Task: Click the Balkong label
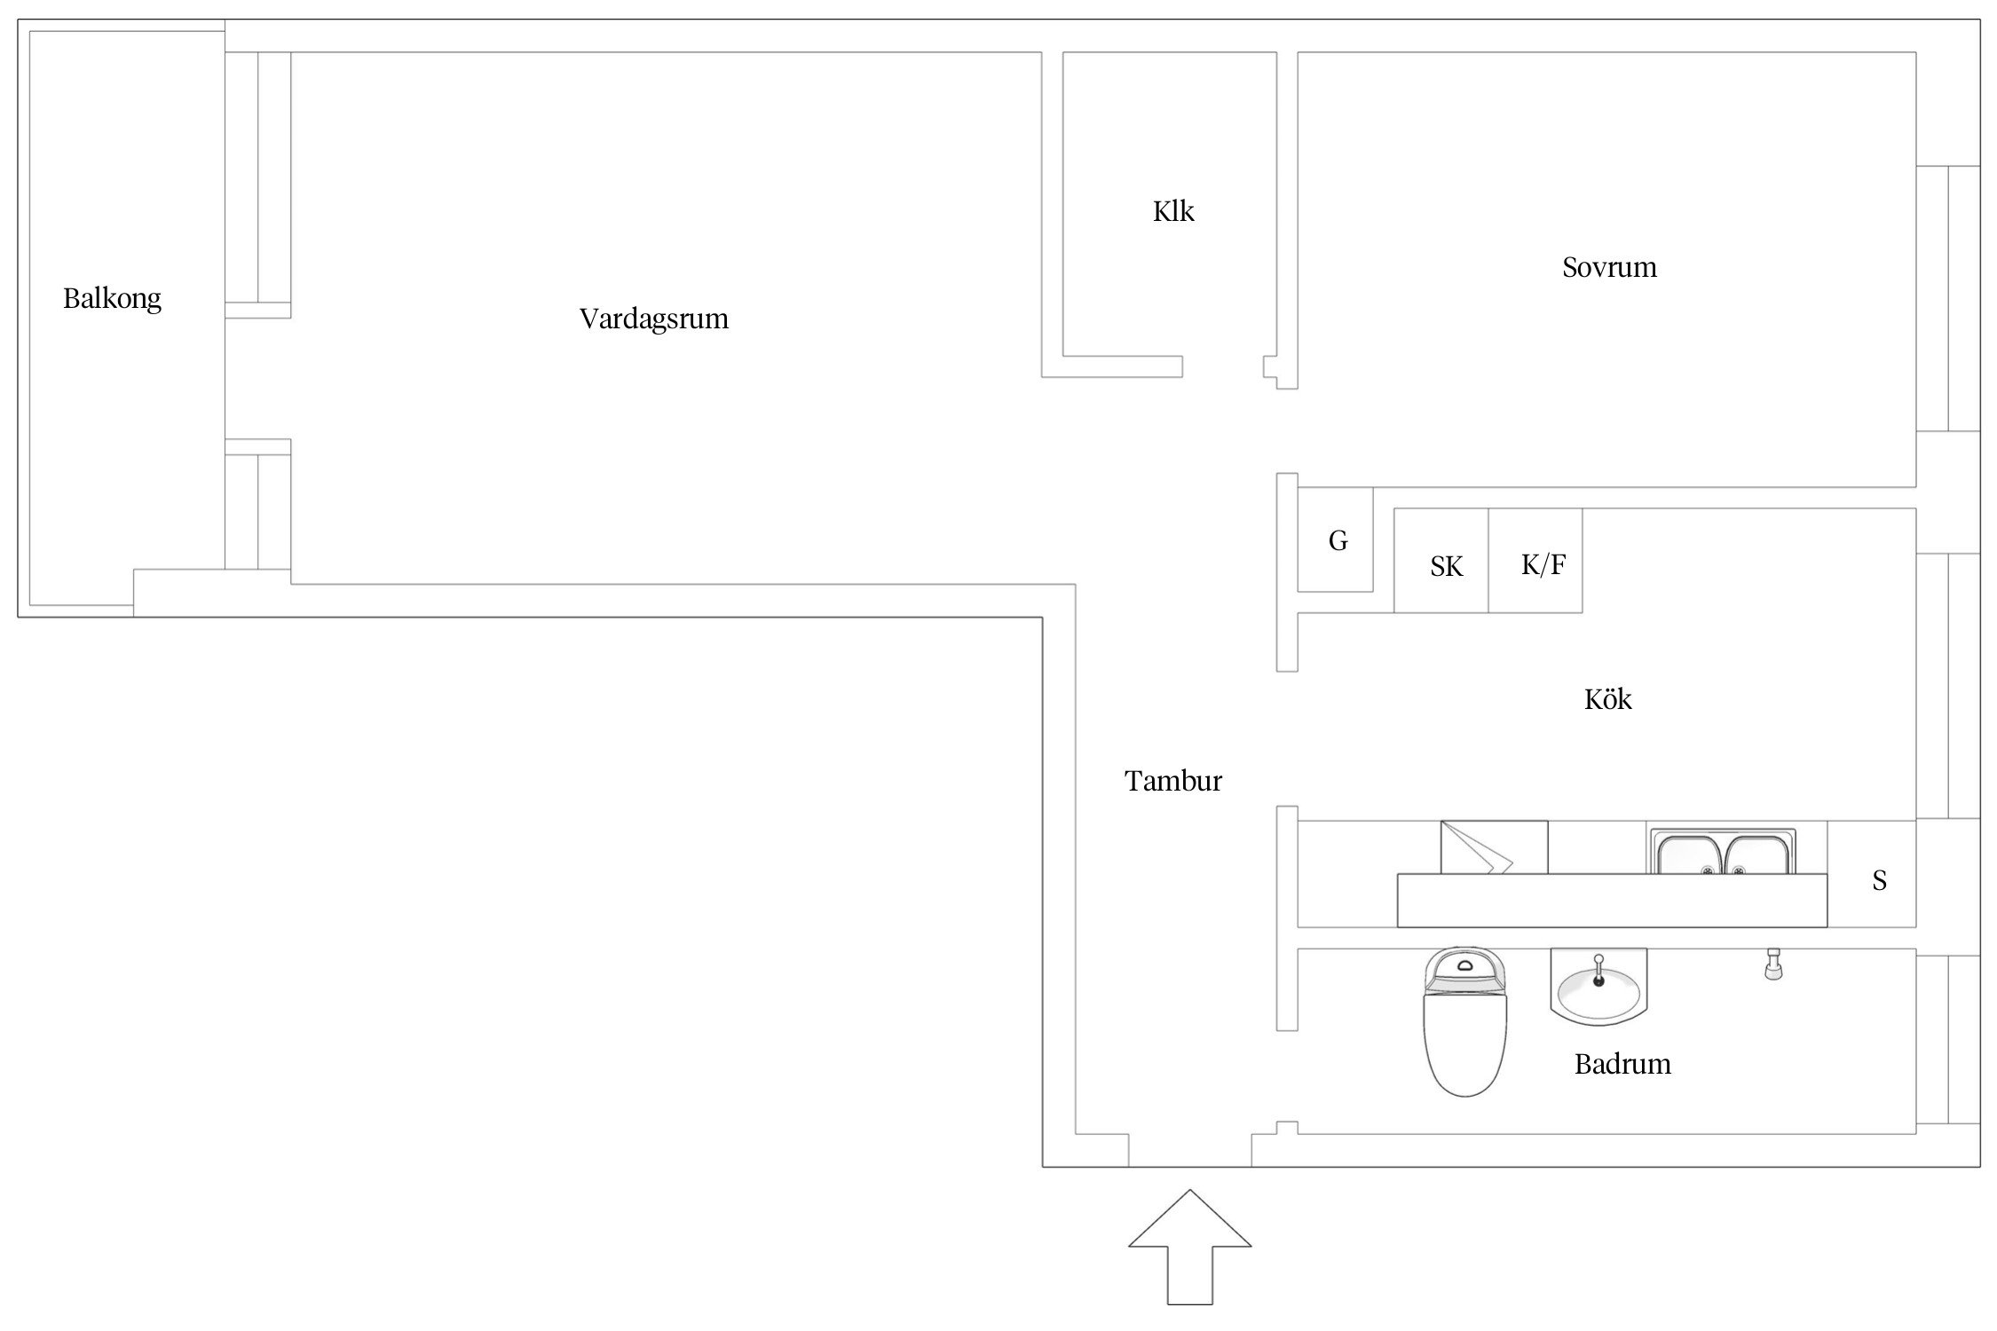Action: point(112,299)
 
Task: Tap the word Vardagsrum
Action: point(653,319)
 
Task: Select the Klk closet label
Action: point(1172,211)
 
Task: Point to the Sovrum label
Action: point(1608,267)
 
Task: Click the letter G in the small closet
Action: point(1338,539)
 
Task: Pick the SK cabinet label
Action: point(1446,566)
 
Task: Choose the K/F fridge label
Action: point(1543,564)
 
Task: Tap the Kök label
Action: point(1607,699)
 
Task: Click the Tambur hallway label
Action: point(1172,781)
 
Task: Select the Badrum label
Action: point(1622,1064)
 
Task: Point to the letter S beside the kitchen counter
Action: point(1879,880)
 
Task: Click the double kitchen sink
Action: point(1722,854)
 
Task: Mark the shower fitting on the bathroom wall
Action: point(1772,964)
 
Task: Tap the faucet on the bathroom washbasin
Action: point(1598,969)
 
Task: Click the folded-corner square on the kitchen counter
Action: point(1493,848)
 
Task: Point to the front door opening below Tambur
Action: point(1189,1151)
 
